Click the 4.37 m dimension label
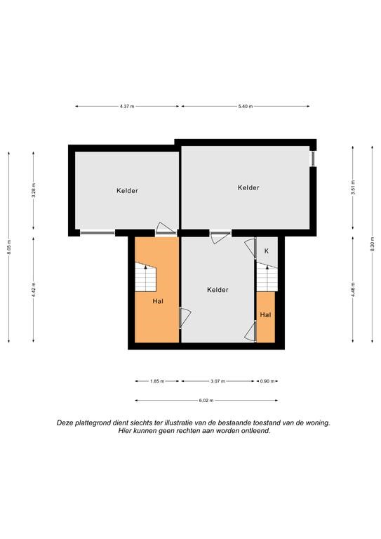coord(127,107)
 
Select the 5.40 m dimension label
coord(246,107)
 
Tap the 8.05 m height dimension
coord(9,247)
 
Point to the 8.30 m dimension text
coord(372,244)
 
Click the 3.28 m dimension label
coord(33,190)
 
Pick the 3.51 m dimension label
coord(353,187)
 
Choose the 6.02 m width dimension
coord(206,401)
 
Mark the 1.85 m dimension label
coord(157,381)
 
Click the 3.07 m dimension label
coord(218,381)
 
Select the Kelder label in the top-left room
coord(127,191)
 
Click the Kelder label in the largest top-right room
coord(248,187)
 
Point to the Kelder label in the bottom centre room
coord(218,290)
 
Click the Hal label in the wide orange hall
coord(158,302)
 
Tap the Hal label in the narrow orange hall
coord(265,315)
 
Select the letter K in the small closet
coord(267,251)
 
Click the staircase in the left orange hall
coord(145,277)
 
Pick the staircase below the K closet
coord(267,277)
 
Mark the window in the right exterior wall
coord(313,159)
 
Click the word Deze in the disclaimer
coord(65,423)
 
